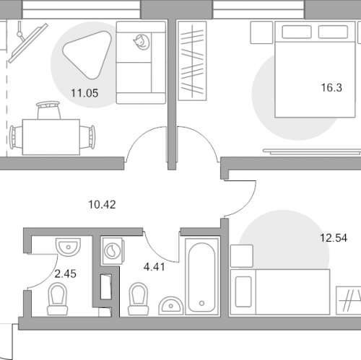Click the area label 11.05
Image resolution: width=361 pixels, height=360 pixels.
point(84,93)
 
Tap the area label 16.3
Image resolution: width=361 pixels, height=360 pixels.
point(331,88)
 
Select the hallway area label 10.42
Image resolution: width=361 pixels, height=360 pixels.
point(102,205)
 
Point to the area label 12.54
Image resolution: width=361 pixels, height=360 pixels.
point(334,238)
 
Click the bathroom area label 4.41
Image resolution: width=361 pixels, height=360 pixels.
point(155,267)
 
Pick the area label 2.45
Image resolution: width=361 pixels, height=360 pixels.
point(66,274)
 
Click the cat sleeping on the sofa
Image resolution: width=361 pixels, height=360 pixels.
point(142,42)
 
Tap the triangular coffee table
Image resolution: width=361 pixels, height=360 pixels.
point(87,54)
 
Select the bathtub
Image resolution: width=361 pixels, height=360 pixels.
point(201,276)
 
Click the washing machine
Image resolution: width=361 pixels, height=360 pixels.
point(113,251)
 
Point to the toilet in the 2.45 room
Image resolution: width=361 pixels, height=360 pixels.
point(57,299)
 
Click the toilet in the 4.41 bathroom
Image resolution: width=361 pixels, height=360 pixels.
point(138,299)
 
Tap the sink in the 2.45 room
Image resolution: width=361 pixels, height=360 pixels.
point(69,247)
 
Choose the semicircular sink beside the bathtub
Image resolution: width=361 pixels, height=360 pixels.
point(170,305)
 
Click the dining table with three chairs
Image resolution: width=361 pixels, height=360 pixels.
point(51,137)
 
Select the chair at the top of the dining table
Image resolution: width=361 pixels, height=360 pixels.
point(48,110)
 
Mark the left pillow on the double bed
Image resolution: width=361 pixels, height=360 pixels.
point(297,32)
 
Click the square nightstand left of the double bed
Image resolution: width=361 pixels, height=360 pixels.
point(261,32)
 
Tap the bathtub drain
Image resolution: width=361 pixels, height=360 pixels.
point(202,303)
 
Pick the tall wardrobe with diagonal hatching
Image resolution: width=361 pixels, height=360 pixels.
point(192,61)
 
